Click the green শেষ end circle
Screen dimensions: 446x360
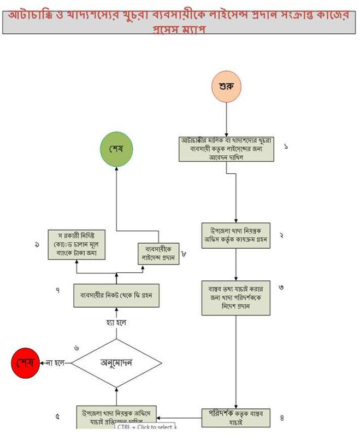coord(116,149)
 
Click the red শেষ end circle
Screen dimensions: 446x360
coord(26,363)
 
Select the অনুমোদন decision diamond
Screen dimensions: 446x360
coord(117,362)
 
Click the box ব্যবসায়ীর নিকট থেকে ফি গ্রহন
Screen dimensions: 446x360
coord(116,297)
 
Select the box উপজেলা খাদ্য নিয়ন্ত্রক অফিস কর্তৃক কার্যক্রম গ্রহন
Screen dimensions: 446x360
coord(236,235)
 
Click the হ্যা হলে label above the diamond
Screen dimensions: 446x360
coord(116,323)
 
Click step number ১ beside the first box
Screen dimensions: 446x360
coord(286,146)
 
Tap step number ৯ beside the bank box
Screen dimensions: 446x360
coord(37,245)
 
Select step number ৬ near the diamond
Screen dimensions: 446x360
coord(76,348)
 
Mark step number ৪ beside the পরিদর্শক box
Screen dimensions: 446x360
coord(282,418)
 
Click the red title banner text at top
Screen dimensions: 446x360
coord(180,20)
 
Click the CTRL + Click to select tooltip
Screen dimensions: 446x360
coord(145,427)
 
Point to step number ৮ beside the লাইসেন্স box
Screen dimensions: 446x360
coord(184,254)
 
